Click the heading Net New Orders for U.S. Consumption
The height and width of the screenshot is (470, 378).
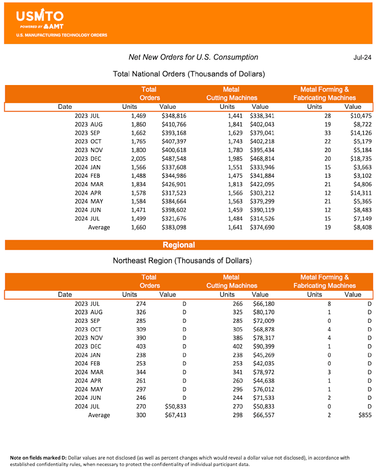tap(193, 57)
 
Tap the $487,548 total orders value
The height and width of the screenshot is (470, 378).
tap(173, 158)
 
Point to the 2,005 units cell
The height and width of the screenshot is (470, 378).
tap(138, 158)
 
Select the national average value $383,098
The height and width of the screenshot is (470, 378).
tap(173, 227)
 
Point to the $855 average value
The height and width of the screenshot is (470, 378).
tap(364, 415)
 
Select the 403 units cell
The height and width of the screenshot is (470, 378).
tap(140, 346)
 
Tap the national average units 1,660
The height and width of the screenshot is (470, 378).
tap(138, 227)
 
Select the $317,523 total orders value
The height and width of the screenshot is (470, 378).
tap(173, 193)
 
